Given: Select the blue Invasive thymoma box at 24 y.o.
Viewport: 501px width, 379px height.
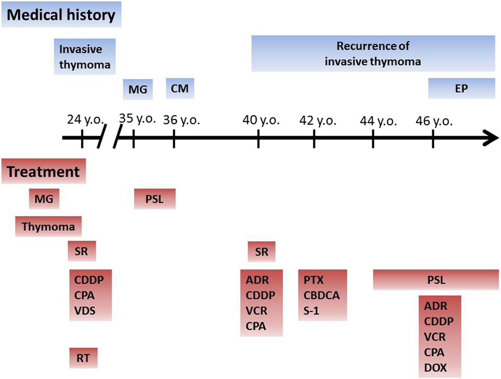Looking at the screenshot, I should (85, 56).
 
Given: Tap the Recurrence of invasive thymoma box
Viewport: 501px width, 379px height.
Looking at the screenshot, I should (373, 53).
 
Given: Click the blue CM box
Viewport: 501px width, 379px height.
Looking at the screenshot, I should (180, 89).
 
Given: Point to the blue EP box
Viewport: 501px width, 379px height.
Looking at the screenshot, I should (461, 89).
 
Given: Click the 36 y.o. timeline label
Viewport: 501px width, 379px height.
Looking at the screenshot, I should (181, 121).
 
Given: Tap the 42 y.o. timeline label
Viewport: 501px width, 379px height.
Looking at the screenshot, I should (318, 121).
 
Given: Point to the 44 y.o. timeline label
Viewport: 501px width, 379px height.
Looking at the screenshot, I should (378, 121).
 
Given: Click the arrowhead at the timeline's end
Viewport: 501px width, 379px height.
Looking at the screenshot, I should (491, 138).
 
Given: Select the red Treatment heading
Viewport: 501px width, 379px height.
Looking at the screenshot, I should (44, 172).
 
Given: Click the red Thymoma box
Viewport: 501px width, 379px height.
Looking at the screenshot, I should (48, 226).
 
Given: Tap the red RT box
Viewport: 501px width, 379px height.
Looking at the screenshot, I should (83, 357).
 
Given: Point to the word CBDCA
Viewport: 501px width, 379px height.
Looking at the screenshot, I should (322, 295).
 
